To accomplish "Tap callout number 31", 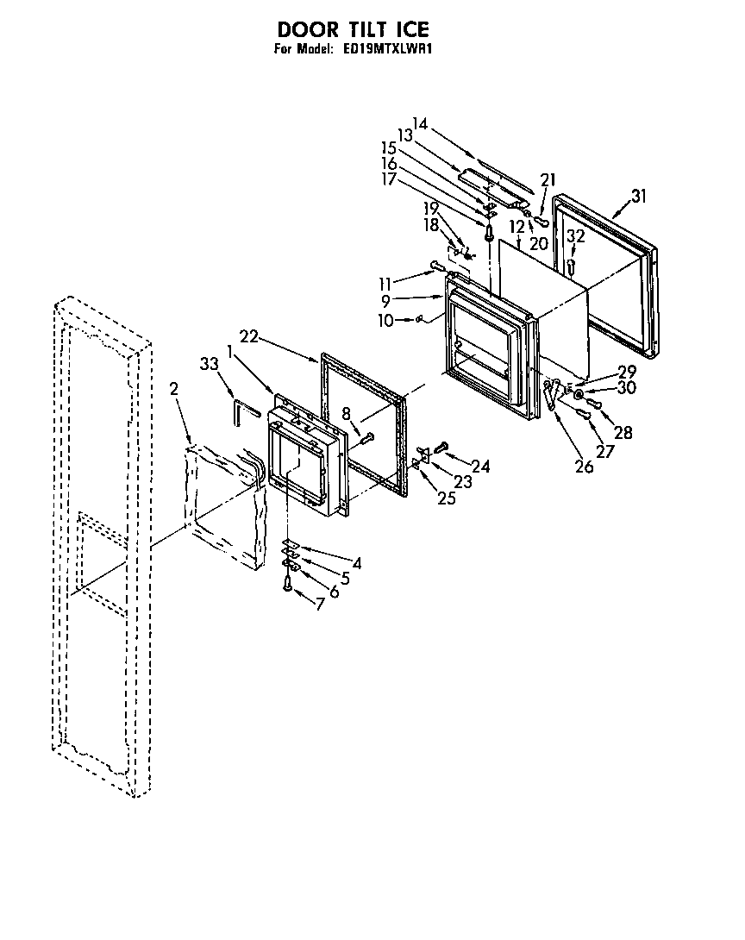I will tap(637, 196).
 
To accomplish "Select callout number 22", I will tap(249, 337).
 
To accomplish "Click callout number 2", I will tap(174, 389).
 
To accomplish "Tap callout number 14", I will tap(420, 122).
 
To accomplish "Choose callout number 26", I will tap(585, 467).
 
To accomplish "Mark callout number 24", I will tap(480, 467).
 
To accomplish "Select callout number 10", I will tap(385, 321).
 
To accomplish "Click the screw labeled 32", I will tap(572, 266).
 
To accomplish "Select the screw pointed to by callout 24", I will tap(441, 446).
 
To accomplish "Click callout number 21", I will tap(547, 179).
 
